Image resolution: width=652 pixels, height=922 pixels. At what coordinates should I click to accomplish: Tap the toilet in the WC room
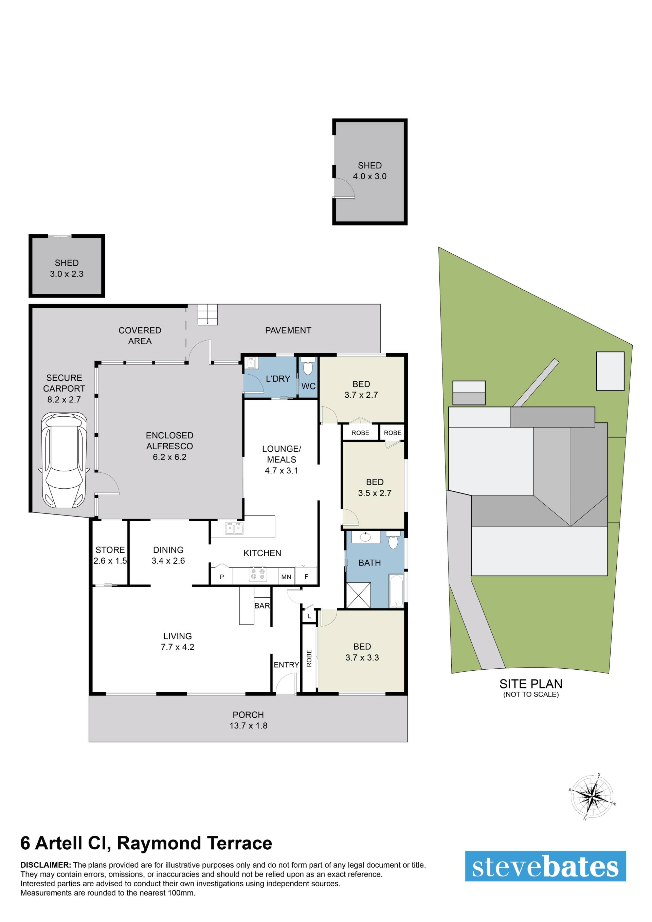[x=308, y=366]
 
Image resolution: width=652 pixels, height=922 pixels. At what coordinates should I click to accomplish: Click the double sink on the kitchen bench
[x=234, y=528]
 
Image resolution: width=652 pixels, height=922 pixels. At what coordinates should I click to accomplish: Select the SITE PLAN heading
[x=531, y=684]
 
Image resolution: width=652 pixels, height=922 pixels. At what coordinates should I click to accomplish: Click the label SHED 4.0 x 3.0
[x=370, y=171]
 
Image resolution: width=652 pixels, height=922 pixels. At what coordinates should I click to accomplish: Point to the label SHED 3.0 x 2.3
[x=67, y=268]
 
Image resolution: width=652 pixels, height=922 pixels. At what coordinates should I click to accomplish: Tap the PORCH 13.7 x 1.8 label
[x=248, y=720]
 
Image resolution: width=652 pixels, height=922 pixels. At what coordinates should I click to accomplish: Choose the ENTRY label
[x=286, y=665]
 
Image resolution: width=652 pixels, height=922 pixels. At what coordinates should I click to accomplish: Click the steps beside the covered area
[x=207, y=314]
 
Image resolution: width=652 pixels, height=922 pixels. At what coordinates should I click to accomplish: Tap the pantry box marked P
[x=222, y=576]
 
